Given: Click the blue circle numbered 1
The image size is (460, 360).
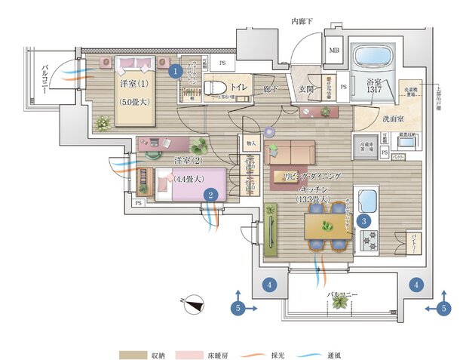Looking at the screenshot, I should tap(175, 72).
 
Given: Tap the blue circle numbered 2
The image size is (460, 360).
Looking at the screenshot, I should tap(212, 194).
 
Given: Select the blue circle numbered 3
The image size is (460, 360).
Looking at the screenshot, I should tap(363, 221).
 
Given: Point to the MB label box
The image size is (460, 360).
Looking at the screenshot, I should tap(334, 51).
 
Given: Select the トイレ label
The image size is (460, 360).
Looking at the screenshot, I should tap(239, 87).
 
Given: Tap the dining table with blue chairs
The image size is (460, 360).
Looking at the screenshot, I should tap(327, 226).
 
